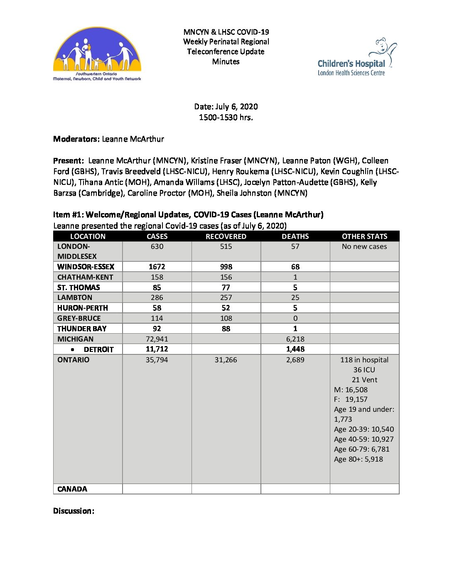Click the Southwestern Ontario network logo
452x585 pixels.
click(x=97, y=54)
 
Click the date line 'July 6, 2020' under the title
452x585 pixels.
click(x=226, y=107)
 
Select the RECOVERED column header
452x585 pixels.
click(x=226, y=236)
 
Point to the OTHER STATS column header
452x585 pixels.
click(x=364, y=236)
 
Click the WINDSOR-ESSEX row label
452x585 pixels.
click(x=86, y=267)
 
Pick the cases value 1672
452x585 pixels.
click(x=157, y=267)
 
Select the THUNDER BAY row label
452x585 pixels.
click(x=82, y=329)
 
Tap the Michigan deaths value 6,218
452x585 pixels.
click(x=295, y=339)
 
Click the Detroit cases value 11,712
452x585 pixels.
click(x=157, y=349)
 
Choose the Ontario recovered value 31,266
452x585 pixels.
click(x=226, y=360)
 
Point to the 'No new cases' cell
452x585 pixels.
click(x=364, y=246)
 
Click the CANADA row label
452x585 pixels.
click(x=72, y=489)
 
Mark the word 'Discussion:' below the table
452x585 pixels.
click(x=74, y=511)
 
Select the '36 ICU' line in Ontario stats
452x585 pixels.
click(x=364, y=370)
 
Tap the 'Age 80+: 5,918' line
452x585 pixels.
click(x=359, y=459)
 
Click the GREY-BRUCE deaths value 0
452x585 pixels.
click(x=295, y=318)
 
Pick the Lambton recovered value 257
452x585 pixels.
click(x=226, y=297)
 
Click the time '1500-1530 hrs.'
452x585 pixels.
click(x=226, y=118)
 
